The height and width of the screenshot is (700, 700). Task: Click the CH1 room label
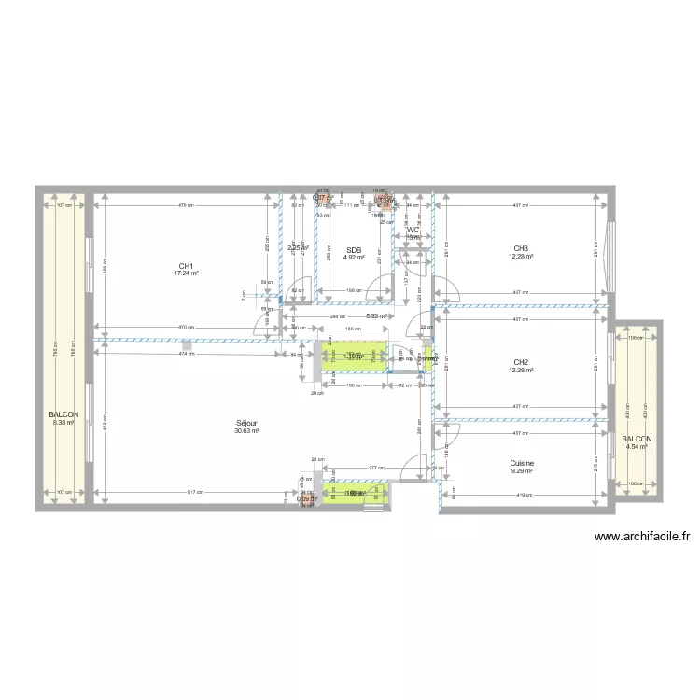186,266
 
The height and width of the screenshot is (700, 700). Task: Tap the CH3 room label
521,248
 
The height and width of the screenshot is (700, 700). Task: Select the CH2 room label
521,362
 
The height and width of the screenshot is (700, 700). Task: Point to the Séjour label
246,423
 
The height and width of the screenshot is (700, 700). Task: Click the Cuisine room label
522,463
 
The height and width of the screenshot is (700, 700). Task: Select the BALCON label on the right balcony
637,439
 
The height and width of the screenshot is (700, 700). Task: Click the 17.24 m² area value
186,274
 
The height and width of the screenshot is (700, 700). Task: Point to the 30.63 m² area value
246,431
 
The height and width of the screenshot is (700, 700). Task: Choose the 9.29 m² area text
522,471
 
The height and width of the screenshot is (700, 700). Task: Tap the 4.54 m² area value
637,447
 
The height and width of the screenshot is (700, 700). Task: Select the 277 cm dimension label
350,467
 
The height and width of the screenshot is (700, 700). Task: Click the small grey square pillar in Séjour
188,347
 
